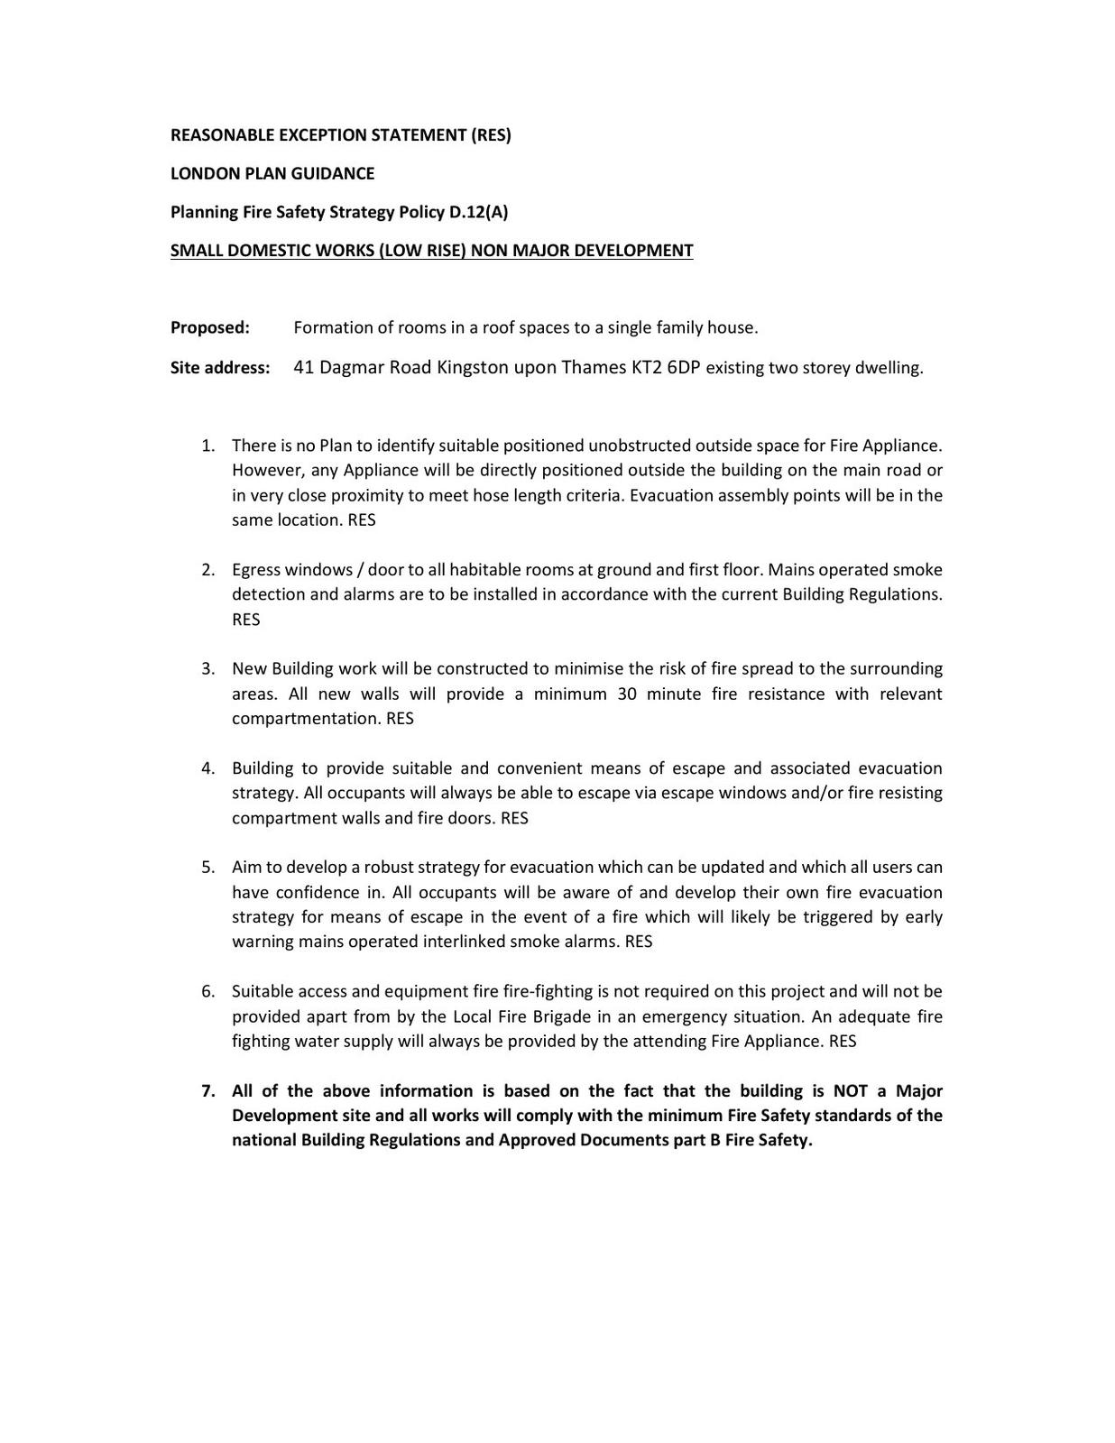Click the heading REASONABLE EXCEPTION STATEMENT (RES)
pos(340,135)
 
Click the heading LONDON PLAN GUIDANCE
pos(272,173)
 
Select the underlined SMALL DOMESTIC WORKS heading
pos(431,251)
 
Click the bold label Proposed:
pos(210,327)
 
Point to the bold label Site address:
pos(220,368)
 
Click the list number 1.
pos(207,446)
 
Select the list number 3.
pos(207,669)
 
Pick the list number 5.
pos(207,868)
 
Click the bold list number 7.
pos(207,1091)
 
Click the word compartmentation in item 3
pos(306,719)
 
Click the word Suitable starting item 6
pos(261,991)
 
